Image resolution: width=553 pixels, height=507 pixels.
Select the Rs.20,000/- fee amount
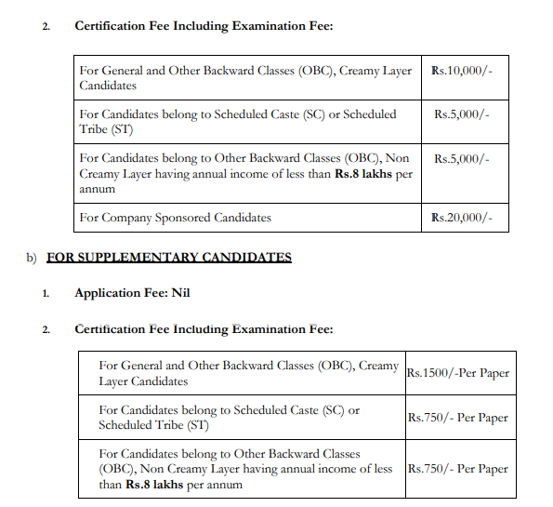click(463, 218)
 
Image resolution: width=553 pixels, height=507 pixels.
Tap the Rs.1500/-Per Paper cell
click(458, 373)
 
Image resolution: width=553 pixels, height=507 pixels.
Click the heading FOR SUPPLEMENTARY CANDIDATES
click(168, 257)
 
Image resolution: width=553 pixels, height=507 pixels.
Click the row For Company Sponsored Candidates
click(176, 218)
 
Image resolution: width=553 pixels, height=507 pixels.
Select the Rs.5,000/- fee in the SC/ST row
click(461, 114)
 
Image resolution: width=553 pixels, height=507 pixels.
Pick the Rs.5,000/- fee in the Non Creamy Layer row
click(461, 158)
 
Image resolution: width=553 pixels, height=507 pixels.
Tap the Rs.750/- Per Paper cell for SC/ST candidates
click(458, 418)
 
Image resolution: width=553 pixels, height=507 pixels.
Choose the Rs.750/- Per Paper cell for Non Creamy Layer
click(458, 468)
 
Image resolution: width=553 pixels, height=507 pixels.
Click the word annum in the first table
click(98, 189)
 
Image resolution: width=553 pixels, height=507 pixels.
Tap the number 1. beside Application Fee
click(46, 294)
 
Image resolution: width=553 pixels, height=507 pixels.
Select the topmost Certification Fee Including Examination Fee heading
click(204, 25)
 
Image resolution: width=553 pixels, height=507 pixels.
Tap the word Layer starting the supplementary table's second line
click(115, 381)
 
